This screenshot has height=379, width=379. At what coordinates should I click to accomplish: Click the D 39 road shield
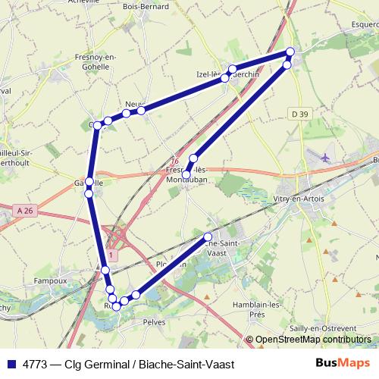[x=300, y=114]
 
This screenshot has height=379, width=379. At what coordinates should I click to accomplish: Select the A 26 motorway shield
[x=24, y=210]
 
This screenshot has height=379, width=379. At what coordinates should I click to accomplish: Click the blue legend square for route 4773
[x=10, y=364]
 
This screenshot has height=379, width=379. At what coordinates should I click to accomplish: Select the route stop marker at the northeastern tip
[x=290, y=52]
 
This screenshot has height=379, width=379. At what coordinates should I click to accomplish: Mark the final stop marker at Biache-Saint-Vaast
[x=208, y=237]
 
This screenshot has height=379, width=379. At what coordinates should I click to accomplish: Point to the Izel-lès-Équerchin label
[x=235, y=76]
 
